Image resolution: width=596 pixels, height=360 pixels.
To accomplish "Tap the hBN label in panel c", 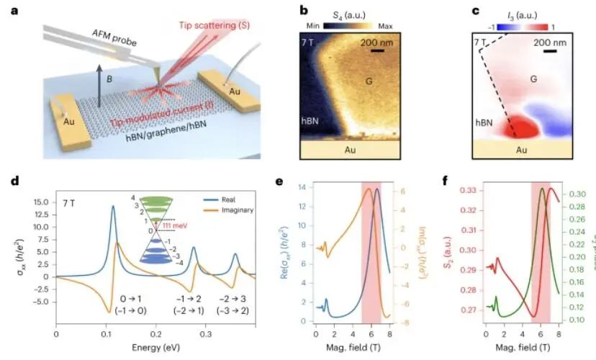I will pyautogui.click(x=478, y=122).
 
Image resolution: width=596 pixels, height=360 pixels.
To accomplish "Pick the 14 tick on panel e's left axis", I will pyautogui.click(x=303, y=188).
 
